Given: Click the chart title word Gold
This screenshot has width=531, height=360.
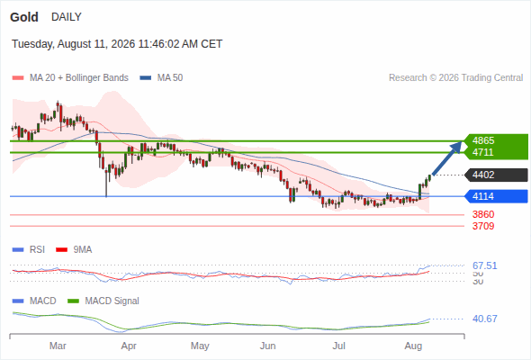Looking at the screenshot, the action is [24, 17].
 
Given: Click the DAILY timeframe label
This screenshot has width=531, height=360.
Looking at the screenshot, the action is [67, 17].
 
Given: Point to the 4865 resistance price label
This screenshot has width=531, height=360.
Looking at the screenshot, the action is [483, 140].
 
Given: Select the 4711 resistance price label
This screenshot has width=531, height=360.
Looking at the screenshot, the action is [483, 152].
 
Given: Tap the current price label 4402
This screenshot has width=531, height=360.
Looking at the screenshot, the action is [483, 175].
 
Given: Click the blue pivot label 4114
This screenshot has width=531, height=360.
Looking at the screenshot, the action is [483, 196].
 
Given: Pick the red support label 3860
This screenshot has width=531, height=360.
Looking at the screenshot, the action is [483, 214].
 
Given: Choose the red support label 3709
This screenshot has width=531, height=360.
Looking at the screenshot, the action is [483, 226].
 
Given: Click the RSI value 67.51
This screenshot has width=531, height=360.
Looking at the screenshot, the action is [485, 265].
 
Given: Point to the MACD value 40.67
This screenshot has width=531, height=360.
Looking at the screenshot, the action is [485, 319].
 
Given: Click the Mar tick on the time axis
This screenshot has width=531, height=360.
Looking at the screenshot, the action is [58, 346].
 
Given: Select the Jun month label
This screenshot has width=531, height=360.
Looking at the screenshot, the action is [268, 346].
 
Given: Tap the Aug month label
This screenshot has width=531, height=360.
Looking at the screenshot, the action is [413, 346].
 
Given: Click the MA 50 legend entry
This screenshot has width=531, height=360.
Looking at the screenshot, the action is [161, 78].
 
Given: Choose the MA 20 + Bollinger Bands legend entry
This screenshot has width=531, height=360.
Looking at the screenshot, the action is [70, 78].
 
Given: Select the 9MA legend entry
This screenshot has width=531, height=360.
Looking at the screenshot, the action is [74, 250].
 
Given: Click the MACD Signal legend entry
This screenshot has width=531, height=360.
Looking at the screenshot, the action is [103, 301].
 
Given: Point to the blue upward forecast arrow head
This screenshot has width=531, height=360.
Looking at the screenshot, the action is [457, 147].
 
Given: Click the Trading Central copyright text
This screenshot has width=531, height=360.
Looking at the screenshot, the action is [455, 78].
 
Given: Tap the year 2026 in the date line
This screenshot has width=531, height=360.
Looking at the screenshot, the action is [123, 44].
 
